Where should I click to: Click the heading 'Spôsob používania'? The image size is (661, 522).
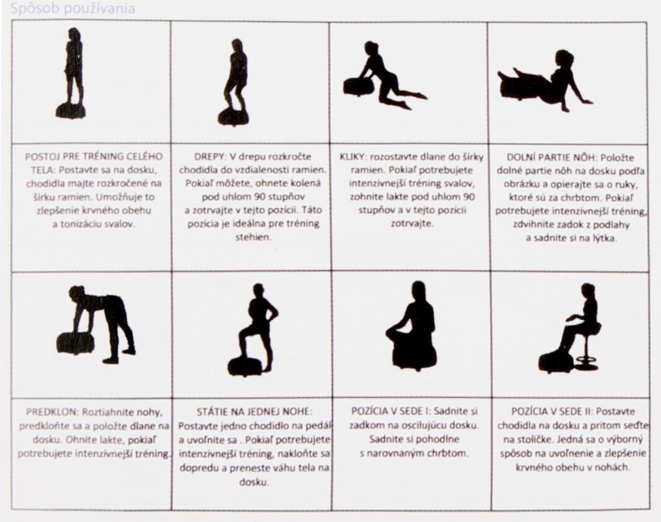point(73,8)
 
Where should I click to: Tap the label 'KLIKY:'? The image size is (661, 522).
point(353,157)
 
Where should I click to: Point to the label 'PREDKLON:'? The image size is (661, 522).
point(52,412)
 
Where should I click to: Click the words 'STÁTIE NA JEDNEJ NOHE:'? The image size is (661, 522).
point(255,412)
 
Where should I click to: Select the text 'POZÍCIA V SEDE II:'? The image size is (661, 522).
point(552,411)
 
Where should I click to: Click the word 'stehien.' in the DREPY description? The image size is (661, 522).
point(252,238)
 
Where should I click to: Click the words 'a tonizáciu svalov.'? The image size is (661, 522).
point(93,225)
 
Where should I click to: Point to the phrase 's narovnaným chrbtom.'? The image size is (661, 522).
point(414,454)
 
